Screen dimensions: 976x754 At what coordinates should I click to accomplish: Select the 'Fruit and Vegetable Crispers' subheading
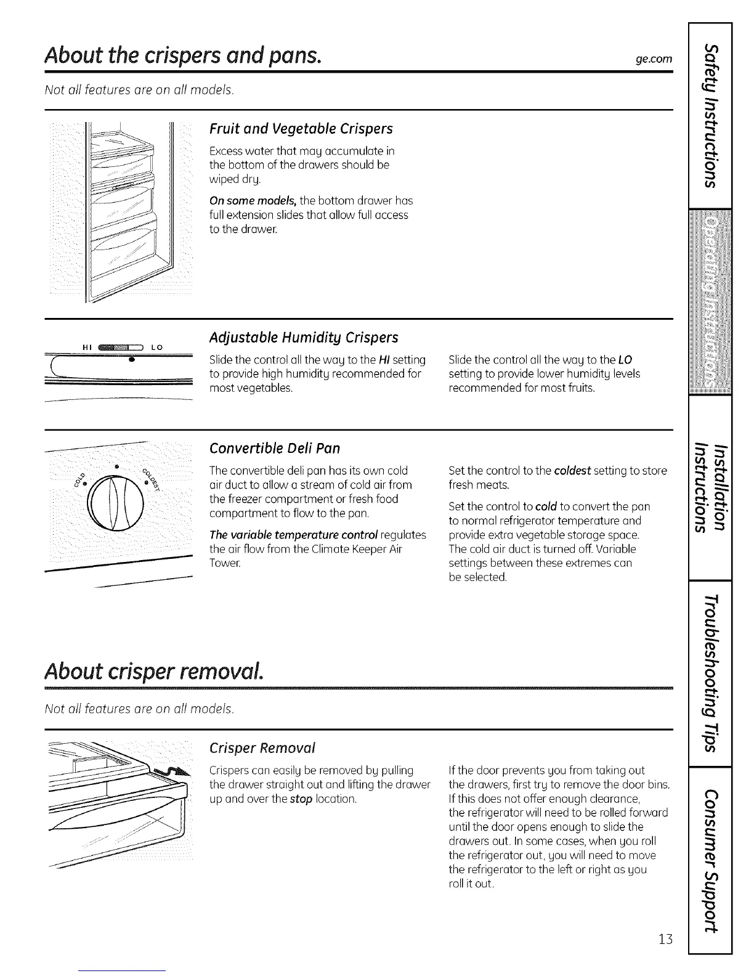(x=301, y=129)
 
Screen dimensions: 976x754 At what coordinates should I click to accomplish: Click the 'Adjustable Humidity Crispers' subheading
(x=304, y=338)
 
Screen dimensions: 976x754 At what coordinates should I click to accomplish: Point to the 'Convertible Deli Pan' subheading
(x=275, y=448)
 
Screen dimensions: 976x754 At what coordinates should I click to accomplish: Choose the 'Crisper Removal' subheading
(x=262, y=748)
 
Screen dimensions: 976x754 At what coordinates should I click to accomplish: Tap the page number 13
(x=663, y=939)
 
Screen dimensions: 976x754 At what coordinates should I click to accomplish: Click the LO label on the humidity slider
(x=156, y=347)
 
